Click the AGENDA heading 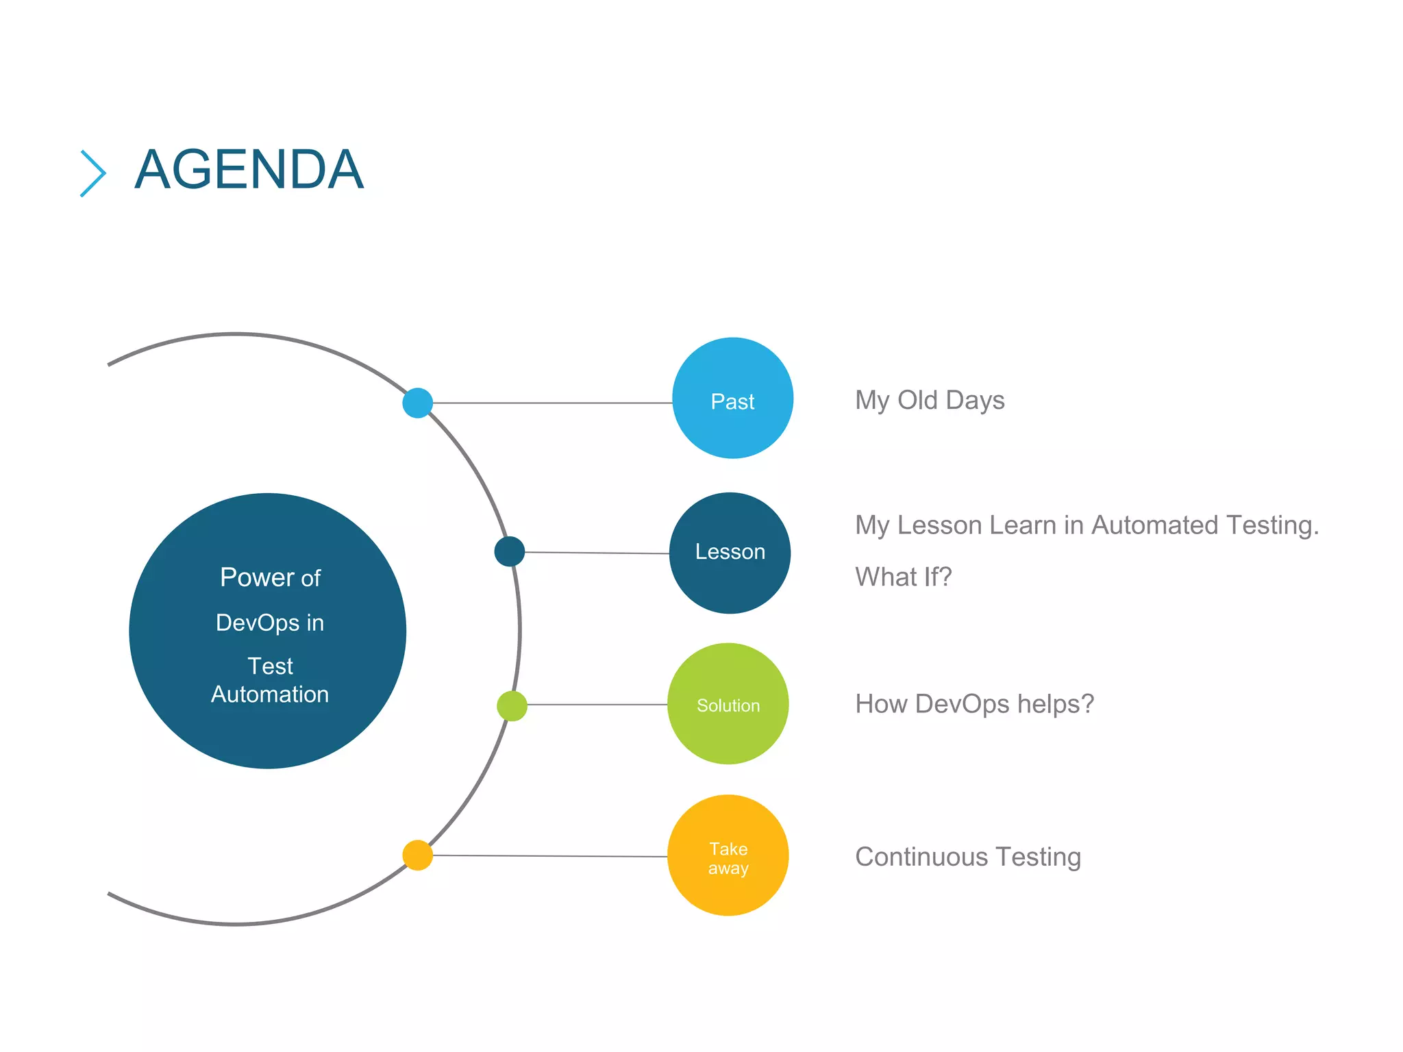click(x=249, y=170)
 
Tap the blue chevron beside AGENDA click(x=93, y=173)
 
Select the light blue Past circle click(x=732, y=398)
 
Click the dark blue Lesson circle click(x=730, y=553)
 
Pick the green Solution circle click(x=728, y=704)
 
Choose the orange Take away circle click(x=728, y=855)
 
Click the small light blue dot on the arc click(x=417, y=403)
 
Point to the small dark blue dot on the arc click(x=510, y=551)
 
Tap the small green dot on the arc click(x=512, y=705)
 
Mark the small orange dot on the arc click(x=417, y=855)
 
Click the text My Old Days click(x=929, y=401)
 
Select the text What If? click(x=903, y=577)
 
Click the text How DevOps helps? click(x=974, y=704)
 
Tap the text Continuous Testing click(x=967, y=857)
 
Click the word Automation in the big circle click(x=270, y=694)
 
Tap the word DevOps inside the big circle click(x=258, y=623)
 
